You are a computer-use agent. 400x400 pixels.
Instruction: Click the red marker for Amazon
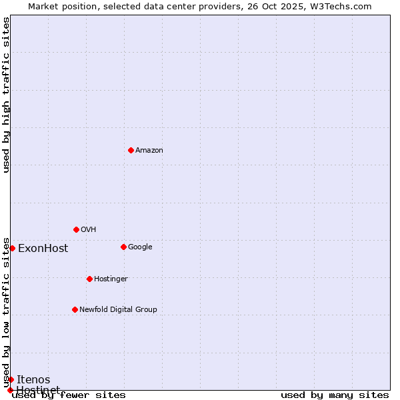click(131, 150)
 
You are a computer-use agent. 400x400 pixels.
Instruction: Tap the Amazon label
click(149, 151)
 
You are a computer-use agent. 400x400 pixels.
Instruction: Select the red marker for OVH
click(76, 229)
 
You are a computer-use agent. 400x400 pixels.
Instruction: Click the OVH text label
click(89, 230)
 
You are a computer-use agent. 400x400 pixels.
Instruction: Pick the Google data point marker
click(123, 247)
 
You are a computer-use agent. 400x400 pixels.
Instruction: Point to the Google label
click(140, 247)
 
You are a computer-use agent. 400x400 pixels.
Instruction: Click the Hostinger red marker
click(89, 279)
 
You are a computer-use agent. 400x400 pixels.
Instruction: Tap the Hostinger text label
click(111, 279)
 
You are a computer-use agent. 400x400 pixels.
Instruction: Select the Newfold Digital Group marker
click(75, 309)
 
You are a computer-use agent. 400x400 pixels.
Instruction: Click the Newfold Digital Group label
click(118, 310)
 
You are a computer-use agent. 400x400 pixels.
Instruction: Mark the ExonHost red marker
click(12, 248)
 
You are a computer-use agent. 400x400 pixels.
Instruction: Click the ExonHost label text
click(43, 249)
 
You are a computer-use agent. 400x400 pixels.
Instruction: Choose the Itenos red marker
click(11, 379)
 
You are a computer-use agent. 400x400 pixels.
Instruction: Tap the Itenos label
click(33, 380)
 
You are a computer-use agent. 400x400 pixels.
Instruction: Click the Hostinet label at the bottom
click(38, 389)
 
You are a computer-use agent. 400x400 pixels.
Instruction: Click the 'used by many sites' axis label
click(335, 395)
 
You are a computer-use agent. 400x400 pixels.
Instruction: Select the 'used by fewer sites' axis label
click(69, 395)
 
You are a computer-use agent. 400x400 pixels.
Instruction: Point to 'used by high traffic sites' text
click(6, 95)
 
